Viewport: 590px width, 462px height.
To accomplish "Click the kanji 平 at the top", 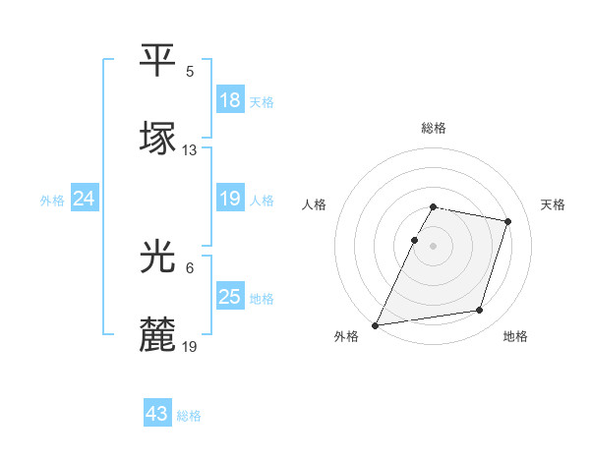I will [x=157, y=61].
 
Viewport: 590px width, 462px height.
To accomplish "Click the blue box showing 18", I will [x=230, y=100].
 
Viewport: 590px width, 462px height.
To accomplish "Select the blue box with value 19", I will [x=230, y=199].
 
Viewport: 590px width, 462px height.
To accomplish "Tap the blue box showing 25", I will [x=230, y=297].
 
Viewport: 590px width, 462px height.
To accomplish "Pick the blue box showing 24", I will [x=85, y=199].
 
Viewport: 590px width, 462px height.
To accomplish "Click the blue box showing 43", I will [x=157, y=414].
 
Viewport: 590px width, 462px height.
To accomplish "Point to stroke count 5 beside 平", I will [x=190, y=72].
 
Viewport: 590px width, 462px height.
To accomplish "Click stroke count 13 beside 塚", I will [x=190, y=150].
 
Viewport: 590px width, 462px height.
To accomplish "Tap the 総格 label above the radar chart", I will [x=434, y=128].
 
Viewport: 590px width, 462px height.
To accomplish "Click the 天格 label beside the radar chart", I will [x=554, y=204].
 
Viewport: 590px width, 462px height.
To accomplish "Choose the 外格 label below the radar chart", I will [x=346, y=337].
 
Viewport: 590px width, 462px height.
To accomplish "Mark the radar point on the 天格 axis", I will [x=508, y=221].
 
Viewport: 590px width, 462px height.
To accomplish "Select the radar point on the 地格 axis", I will [x=480, y=311].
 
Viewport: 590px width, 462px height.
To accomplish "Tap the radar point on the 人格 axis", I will [x=414, y=240].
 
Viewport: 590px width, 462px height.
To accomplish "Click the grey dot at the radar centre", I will [x=434, y=246].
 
